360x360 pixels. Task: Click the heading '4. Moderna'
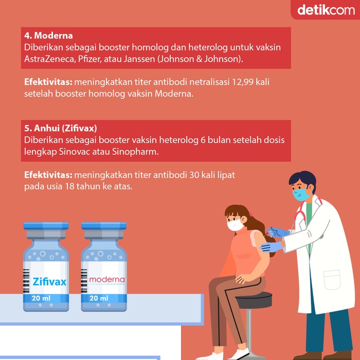(48, 36)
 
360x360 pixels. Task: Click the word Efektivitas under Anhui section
(48, 175)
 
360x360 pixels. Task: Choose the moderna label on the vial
(106, 280)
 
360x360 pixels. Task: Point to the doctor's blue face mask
(301, 194)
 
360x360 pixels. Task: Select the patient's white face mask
(235, 224)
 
